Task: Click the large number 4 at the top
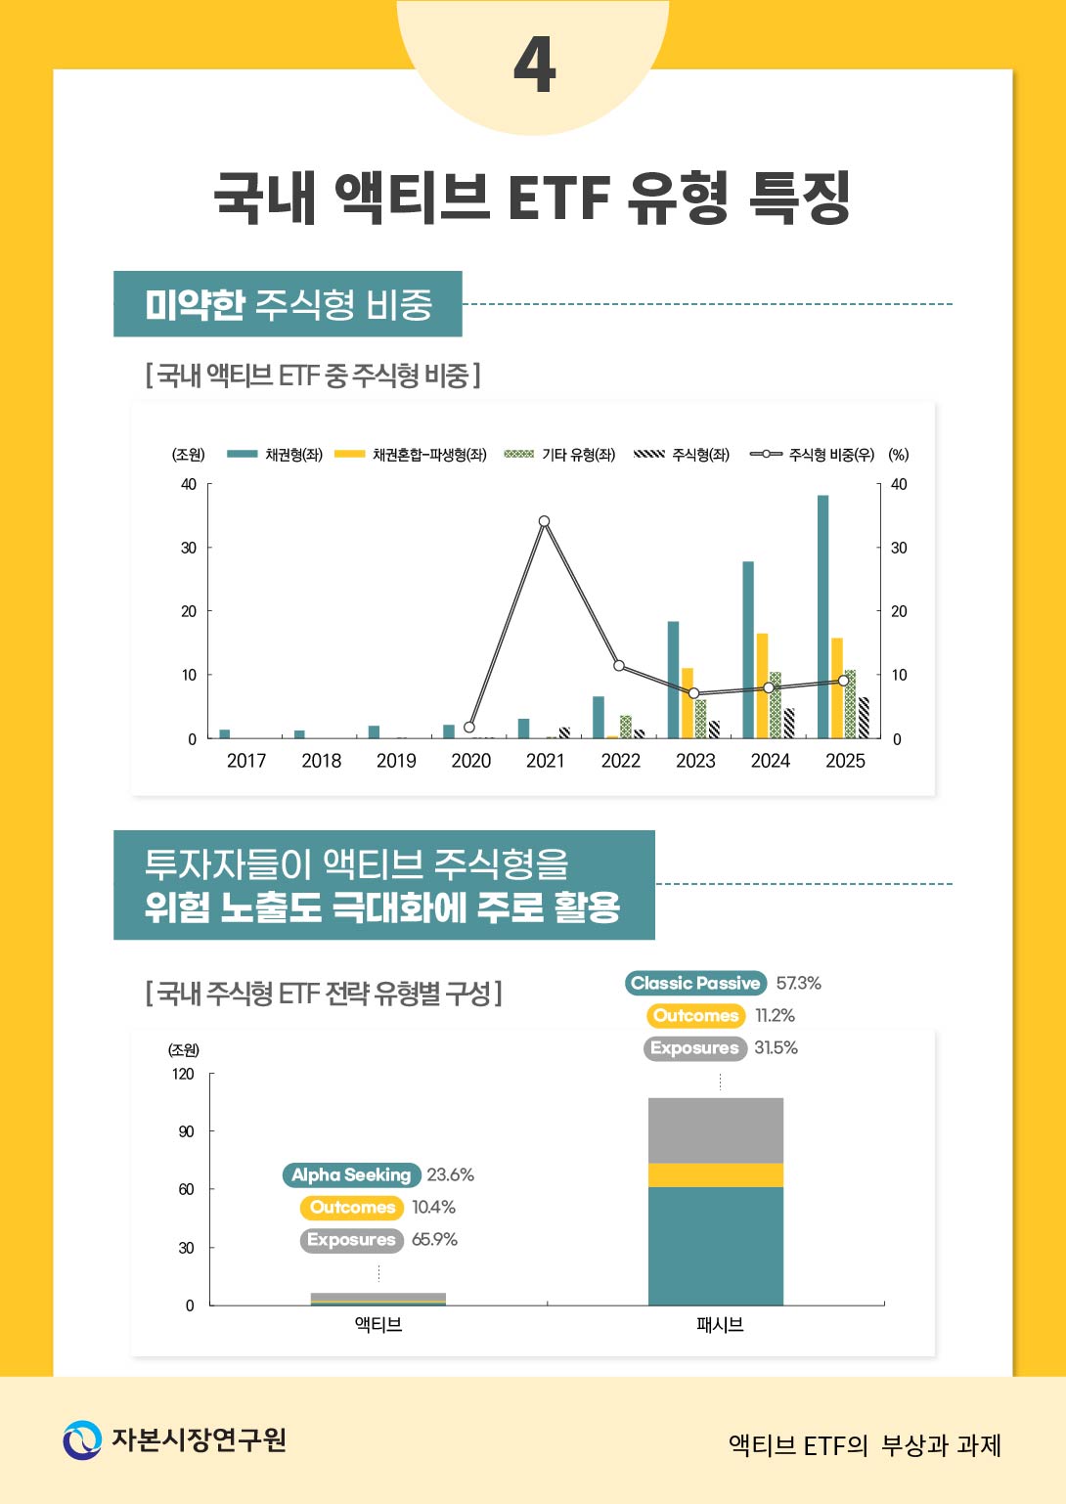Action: [534, 66]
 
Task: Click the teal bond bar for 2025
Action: [823, 616]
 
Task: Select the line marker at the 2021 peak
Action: [544, 521]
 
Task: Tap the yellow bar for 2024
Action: [762, 686]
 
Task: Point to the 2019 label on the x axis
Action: [396, 761]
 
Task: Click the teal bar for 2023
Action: [673, 680]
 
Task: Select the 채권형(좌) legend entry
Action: [276, 455]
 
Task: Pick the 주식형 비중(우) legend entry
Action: [813, 455]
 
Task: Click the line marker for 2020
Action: [469, 728]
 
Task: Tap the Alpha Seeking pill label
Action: [351, 1175]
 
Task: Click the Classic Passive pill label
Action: [695, 984]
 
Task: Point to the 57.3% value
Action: [798, 984]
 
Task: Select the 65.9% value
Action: [434, 1240]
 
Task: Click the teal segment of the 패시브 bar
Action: [715, 1246]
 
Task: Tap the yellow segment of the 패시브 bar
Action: [715, 1175]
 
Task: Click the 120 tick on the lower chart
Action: [183, 1074]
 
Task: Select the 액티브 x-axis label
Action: [378, 1325]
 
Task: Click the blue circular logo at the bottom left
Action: [82, 1440]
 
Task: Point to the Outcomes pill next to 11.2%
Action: [695, 1016]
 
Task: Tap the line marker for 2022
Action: [619, 666]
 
